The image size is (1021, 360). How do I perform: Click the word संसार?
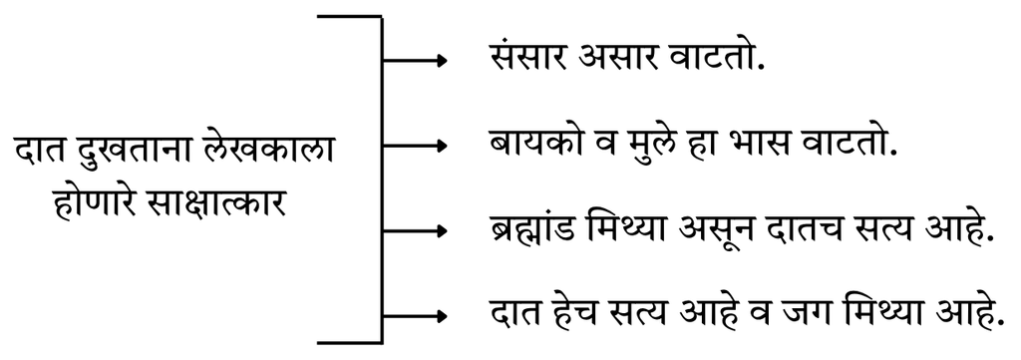(527, 59)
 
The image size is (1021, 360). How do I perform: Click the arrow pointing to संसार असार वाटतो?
(415, 61)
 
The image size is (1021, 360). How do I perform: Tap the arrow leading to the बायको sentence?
(415, 146)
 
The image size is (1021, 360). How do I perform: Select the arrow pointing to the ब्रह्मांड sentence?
(415, 231)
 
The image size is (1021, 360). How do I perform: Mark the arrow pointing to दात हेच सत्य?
(415, 316)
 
